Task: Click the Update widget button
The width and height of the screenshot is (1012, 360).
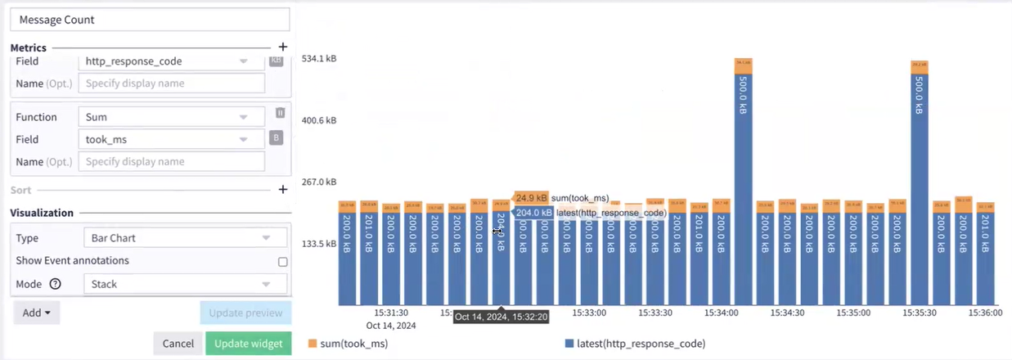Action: (x=248, y=344)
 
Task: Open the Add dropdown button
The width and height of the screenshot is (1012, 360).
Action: (x=37, y=313)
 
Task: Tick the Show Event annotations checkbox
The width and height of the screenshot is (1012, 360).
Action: (x=283, y=262)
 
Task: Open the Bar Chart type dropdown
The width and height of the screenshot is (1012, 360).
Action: (x=185, y=238)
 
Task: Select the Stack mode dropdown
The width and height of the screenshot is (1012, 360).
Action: (x=185, y=284)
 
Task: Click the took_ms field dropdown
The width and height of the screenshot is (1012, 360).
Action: (x=172, y=140)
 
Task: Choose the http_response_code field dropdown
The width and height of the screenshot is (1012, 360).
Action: (x=172, y=61)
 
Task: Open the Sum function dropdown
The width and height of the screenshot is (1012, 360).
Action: (x=172, y=117)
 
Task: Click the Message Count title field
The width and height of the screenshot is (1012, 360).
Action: (x=151, y=19)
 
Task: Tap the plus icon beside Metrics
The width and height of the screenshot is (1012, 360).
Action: (x=283, y=47)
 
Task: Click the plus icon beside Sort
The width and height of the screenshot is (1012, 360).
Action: (x=283, y=190)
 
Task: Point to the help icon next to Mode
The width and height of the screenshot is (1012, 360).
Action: (x=56, y=284)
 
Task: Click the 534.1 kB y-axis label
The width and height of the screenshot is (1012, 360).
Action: (x=319, y=59)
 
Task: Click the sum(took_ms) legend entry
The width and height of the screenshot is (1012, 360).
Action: (x=348, y=344)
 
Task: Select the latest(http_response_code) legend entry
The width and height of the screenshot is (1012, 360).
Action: (x=635, y=344)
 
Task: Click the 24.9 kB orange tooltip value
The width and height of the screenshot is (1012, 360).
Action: (x=531, y=198)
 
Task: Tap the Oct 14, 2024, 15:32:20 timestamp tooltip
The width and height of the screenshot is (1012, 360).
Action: (x=502, y=317)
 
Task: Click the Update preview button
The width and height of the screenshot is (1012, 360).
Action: (x=245, y=313)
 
